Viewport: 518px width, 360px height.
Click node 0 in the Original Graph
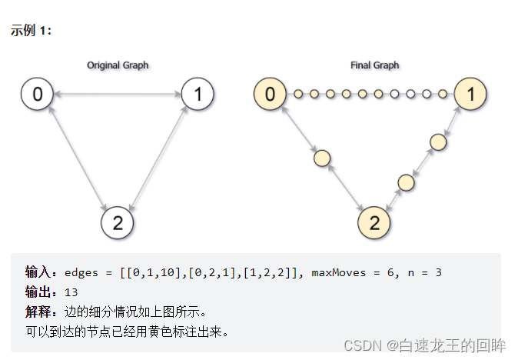click(x=37, y=95)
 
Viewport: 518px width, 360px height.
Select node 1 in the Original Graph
click(x=198, y=95)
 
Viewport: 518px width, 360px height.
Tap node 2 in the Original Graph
click(x=117, y=223)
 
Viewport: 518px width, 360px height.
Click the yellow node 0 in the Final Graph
click(x=270, y=95)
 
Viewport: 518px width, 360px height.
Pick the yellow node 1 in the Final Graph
click(x=470, y=95)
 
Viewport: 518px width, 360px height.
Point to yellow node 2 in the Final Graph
click(x=374, y=223)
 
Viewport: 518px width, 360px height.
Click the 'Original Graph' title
click(x=118, y=65)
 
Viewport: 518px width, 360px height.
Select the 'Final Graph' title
click(x=374, y=65)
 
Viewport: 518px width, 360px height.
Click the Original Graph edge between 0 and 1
click(x=117, y=95)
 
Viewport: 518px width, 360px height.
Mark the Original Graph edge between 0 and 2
click(x=77, y=158)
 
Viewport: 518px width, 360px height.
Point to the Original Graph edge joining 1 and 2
click(x=158, y=158)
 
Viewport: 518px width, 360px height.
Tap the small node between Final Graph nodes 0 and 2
click(x=322, y=158)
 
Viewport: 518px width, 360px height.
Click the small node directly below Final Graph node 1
click(x=438, y=142)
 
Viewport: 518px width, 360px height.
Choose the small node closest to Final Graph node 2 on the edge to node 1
click(x=406, y=182)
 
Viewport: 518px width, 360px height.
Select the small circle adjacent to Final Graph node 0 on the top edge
click(x=298, y=95)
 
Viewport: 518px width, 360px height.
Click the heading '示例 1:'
click(x=31, y=31)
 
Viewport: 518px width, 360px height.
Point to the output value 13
click(x=71, y=292)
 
